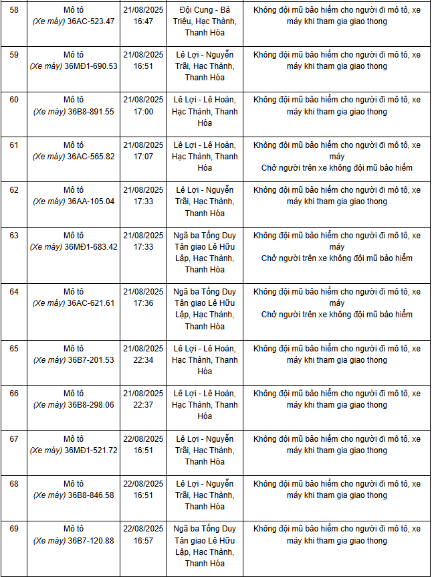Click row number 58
[14, 9]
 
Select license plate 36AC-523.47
[91, 21]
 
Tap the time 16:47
[143, 21]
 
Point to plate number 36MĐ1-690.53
[91, 66]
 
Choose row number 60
[14, 100]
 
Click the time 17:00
[143, 112]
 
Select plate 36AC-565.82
[91, 157]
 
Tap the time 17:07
[143, 157]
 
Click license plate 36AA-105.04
[91, 201]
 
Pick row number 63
[14, 235]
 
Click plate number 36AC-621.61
[91, 303]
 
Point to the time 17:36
[143, 303]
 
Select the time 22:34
[143, 360]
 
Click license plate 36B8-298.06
[91, 405]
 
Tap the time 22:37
[143, 405]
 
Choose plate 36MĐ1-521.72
[91, 450]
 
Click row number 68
[14, 483]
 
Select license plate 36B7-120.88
[91, 541]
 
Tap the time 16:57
[143, 541]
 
